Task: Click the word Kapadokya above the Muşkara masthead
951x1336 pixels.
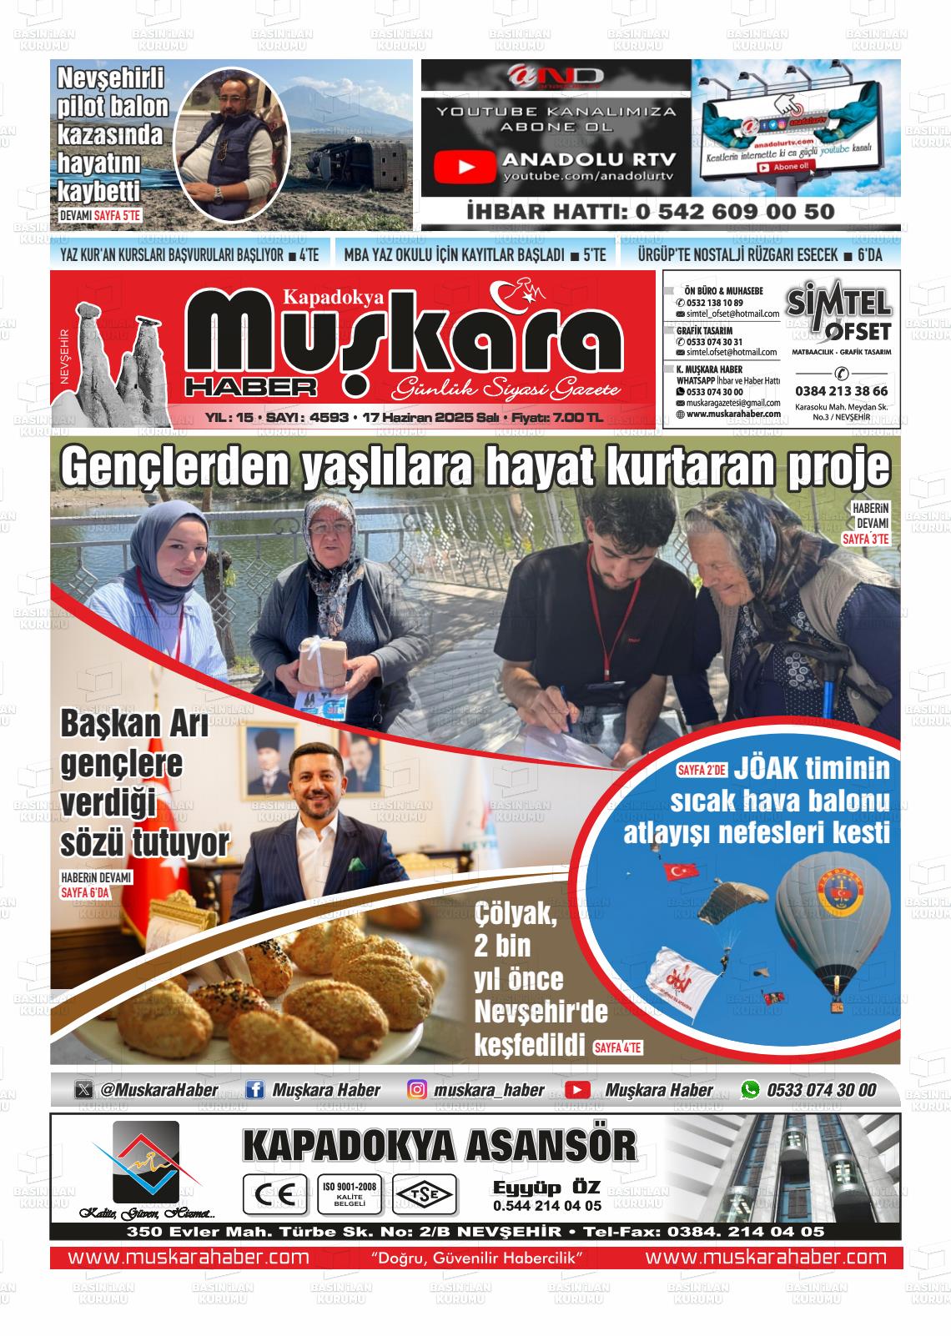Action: pos(333,295)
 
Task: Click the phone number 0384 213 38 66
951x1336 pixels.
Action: pos(841,390)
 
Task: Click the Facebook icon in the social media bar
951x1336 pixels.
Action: pos(255,1090)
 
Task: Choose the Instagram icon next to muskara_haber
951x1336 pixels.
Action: pos(418,1090)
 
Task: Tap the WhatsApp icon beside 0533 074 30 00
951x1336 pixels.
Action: pos(751,1090)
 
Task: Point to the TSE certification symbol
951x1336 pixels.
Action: pos(425,1194)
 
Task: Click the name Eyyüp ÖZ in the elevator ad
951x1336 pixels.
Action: pos(546,1187)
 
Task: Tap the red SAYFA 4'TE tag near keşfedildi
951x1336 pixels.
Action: pos(617,1048)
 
